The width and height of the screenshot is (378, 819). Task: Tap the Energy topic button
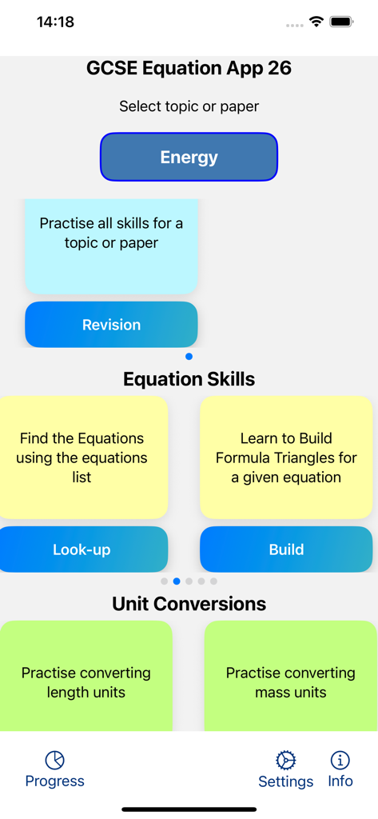[x=189, y=157]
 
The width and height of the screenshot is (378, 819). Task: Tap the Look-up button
[x=82, y=549]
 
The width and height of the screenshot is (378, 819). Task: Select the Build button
[x=286, y=549]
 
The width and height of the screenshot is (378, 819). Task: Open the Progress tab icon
[x=54, y=760]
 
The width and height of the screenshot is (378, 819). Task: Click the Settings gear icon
[x=285, y=760]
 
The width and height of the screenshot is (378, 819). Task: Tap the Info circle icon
[x=340, y=760]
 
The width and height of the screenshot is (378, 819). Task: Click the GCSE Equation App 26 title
[x=189, y=68]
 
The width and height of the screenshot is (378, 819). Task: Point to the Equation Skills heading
[x=189, y=379]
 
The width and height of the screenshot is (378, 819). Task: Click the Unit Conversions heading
[x=189, y=604]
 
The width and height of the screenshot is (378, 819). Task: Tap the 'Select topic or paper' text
[x=189, y=106]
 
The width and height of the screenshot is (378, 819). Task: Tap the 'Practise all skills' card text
[x=111, y=233]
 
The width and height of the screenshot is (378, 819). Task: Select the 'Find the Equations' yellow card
[x=82, y=457]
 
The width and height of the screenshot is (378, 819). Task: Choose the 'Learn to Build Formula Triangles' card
[x=286, y=457]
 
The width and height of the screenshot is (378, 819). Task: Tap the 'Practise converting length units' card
[x=86, y=682]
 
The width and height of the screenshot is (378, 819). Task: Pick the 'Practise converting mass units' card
[x=291, y=682]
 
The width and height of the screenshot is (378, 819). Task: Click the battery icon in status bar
[x=341, y=22]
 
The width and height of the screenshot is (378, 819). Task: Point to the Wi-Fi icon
[x=316, y=22]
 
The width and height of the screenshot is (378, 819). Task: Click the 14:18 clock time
[x=55, y=22]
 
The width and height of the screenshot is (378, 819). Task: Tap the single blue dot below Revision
[x=189, y=357]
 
